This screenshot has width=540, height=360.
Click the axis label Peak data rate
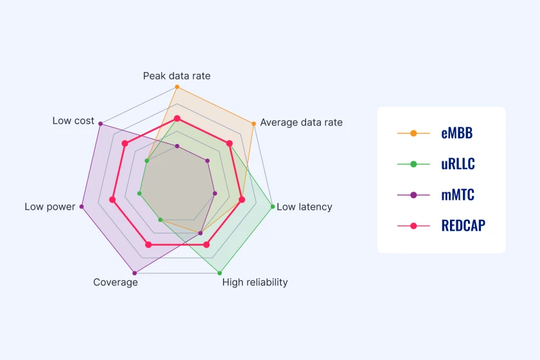pyautogui.click(x=177, y=76)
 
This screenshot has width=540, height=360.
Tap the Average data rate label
pyautogui.click(x=301, y=122)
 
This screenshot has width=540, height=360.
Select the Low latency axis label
pyautogui.click(x=305, y=207)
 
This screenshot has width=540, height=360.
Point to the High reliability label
pyautogui.click(x=255, y=282)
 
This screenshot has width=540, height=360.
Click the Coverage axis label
pyautogui.click(x=115, y=282)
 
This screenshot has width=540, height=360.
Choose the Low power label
pyautogui.click(x=50, y=207)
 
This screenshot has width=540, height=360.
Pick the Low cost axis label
pyautogui.click(x=73, y=121)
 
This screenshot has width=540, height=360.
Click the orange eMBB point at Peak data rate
pyautogui.click(x=177, y=87)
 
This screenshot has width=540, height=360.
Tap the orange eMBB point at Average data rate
pyautogui.click(x=254, y=123)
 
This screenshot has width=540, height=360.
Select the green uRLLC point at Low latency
pyautogui.click(x=273, y=207)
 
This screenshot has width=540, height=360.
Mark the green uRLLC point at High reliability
pyautogui.click(x=220, y=273)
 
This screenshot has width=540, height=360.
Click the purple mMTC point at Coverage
pyautogui.click(x=134, y=273)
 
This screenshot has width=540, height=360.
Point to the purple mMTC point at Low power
pyautogui.click(x=82, y=207)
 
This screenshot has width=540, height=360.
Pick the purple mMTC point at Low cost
pyautogui.click(x=100, y=123)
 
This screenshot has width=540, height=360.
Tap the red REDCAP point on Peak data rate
pyautogui.click(x=177, y=119)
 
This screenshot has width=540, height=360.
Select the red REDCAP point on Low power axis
pyautogui.click(x=113, y=200)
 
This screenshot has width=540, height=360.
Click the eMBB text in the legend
pyautogui.click(x=457, y=133)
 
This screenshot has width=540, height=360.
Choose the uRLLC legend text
pyautogui.click(x=458, y=164)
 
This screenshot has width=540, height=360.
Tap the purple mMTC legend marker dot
pyautogui.click(x=413, y=195)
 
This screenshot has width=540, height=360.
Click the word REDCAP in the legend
pyautogui.click(x=464, y=226)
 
